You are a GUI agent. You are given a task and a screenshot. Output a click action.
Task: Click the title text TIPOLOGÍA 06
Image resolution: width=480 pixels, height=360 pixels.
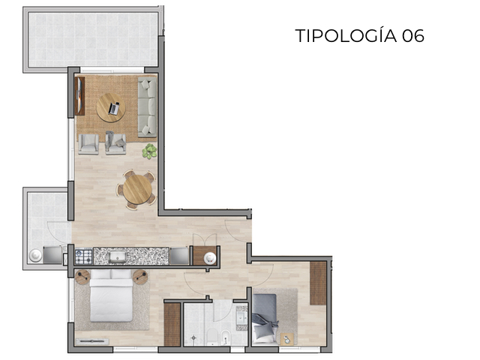click(x=359, y=35)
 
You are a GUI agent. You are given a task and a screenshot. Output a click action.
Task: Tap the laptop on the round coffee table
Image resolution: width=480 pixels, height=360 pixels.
click(x=114, y=109)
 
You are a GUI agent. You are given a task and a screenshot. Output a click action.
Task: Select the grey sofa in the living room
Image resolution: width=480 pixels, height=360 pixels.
click(x=147, y=106)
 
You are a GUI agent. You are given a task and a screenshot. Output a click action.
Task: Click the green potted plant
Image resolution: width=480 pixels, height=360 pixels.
click(x=150, y=151)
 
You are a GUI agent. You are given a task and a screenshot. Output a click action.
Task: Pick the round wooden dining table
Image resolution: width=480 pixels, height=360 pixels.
click(x=137, y=188)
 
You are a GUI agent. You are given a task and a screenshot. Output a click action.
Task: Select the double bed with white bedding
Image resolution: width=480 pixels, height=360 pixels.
click(x=111, y=296)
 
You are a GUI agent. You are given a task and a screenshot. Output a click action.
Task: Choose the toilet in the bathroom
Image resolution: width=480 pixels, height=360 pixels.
click(x=212, y=335)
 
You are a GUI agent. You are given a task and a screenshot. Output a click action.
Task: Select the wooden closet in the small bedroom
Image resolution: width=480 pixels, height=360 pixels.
click(x=318, y=283)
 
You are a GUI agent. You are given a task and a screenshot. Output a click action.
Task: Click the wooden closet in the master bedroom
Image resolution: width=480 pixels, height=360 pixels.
click(x=172, y=324)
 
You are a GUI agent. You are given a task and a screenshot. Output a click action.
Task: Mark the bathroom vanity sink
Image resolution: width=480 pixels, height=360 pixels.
click(x=241, y=317)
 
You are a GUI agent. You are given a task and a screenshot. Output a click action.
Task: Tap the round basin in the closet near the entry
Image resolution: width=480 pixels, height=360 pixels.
click(x=211, y=257)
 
